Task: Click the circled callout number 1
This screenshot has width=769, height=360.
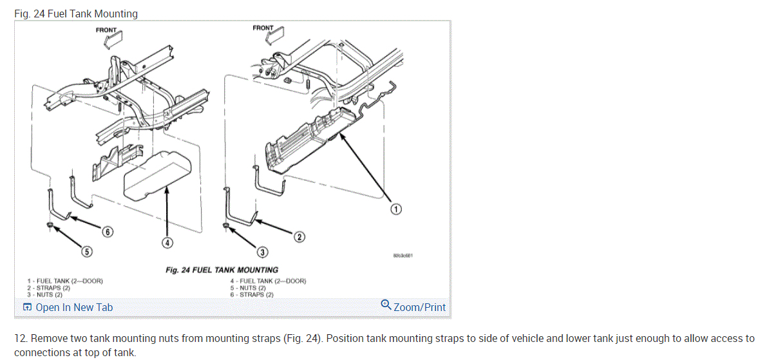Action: tap(397, 209)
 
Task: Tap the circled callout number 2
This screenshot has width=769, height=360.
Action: tap(299, 237)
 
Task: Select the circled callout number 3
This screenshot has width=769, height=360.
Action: tap(263, 252)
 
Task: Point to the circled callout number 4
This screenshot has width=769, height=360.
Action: tap(166, 243)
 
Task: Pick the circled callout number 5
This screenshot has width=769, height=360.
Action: tap(86, 252)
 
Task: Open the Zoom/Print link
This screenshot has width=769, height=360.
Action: tap(413, 307)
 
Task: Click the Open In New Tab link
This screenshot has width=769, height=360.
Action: tap(68, 307)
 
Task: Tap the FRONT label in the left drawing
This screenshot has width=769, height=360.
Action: tap(107, 30)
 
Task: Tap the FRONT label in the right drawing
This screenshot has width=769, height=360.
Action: tap(263, 28)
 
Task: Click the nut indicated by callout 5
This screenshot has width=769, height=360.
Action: tap(50, 224)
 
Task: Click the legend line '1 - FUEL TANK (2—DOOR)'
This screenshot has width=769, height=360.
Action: tap(65, 281)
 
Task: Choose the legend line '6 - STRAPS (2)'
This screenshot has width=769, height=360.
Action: tap(252, 294)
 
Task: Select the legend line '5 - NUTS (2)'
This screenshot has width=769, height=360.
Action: tap(248, 288)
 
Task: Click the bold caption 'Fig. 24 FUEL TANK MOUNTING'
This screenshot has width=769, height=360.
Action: tap(222, 270)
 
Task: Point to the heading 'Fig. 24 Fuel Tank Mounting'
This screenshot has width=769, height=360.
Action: tap(76, 14)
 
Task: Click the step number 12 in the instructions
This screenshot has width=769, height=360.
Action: tap(20, 338)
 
